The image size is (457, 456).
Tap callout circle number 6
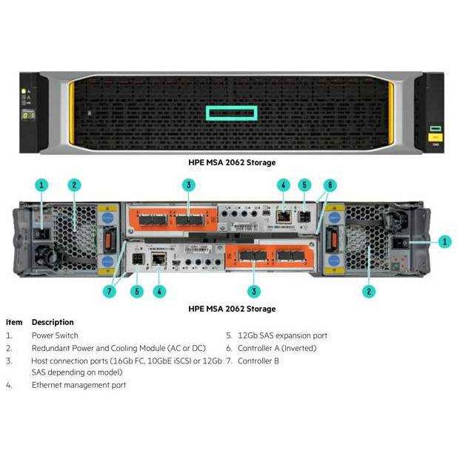[330, 185]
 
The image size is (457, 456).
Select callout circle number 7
[110, 291]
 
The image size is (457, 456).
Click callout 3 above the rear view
[190, 185]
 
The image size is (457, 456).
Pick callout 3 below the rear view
[255, 291]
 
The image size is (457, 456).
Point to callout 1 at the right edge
[444, 241]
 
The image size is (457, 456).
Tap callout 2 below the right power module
[369, 291]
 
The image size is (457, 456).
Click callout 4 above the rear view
[283, 185]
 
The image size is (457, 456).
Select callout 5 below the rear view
[136, 291]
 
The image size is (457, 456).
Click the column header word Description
[53, 322]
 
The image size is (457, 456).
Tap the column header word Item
[14, 322]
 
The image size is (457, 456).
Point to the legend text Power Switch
[54, 335]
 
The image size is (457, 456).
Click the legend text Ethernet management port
[79, 385]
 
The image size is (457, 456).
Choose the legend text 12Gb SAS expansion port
[282, 335]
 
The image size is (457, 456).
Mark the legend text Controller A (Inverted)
[277, 348]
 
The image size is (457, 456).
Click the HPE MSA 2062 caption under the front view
[232, 161]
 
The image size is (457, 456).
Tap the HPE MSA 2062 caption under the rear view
[232, 308]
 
